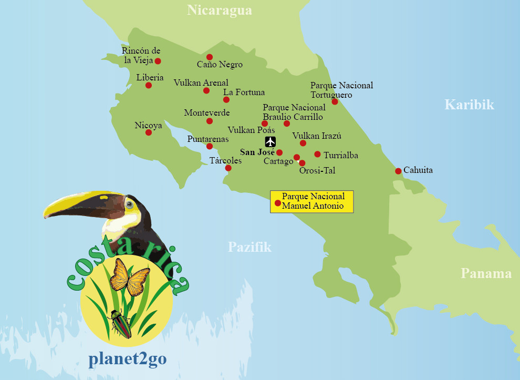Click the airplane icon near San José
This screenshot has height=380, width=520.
point(271,142)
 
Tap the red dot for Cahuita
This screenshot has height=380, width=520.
point(398,171)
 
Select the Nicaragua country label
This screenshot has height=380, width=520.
point(220,10)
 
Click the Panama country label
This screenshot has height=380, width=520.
point(486,273)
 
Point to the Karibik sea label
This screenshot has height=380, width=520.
point(469,105)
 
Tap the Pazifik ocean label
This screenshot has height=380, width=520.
point(249,247)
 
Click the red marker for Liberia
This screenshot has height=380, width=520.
point(149,85)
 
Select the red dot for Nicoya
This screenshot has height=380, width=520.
point(149,132)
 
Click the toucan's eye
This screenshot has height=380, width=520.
point(129,204)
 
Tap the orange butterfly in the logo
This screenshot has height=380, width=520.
point(130,277)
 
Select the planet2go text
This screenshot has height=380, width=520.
point(128,360)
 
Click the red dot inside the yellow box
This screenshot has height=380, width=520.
point(278,203)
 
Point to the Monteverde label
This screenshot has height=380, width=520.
point(207,113)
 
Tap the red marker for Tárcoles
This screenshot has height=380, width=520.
point(228,168)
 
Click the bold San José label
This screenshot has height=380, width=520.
point(257,152)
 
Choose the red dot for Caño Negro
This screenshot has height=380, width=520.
point(210,57)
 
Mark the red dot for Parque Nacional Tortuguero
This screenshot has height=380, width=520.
point(335,101)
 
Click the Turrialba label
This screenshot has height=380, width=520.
point(341,156)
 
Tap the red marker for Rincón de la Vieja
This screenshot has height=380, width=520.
point(158,61)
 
